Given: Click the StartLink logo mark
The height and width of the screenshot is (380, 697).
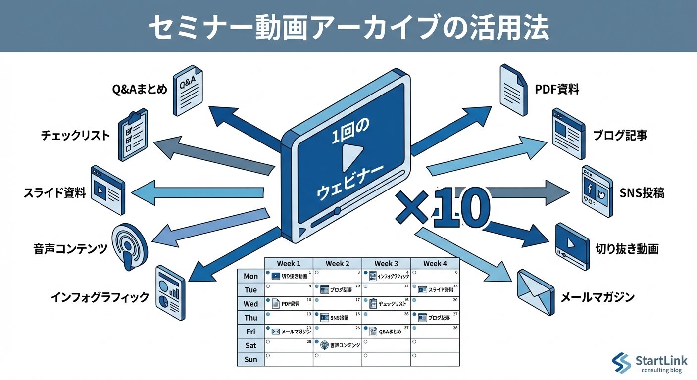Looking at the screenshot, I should click(622, 363).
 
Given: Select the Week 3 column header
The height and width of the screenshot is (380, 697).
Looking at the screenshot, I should click(386, 264).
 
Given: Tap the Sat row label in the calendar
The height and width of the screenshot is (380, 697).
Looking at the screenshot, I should click(250, 345).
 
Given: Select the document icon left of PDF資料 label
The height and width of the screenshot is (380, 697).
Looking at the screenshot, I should click(514, 89).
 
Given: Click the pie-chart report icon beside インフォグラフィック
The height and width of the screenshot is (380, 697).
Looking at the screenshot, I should click(170, 288).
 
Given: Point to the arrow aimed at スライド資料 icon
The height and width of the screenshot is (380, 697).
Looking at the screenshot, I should click(198, 192).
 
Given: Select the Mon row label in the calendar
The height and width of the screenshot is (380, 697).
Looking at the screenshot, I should click(250, 276).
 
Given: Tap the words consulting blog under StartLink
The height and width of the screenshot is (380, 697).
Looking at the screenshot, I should click(661, 371).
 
